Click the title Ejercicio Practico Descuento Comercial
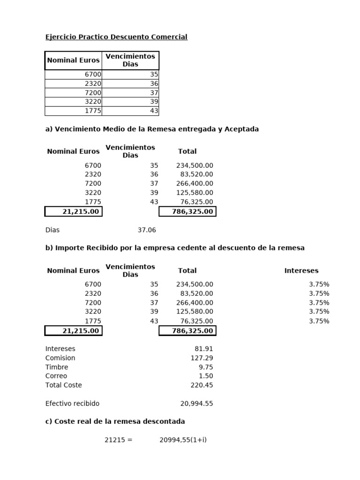(x=116, y=37)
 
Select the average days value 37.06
(x=147, y=230)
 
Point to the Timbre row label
(x=57, y=367)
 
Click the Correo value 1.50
(x=206, y=376)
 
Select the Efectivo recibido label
(x=72, y=404)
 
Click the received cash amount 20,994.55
(x=196, y=404)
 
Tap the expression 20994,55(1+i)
(x=183, y=440)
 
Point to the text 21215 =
(x=119, y=440)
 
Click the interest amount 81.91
(x=204, y=349)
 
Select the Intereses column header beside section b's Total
(x=301, y=270)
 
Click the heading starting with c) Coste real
(x=115, y=421)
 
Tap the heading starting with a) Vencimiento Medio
(x=152, y=129)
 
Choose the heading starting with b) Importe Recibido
(x=175, y=248)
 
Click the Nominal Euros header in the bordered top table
(x=73, y=60)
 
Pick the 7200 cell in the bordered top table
(x=93, y=93)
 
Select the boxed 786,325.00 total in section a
(x=187, y=211)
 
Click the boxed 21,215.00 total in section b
(x=74, y=331)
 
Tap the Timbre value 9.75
(x=206, y=367)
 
